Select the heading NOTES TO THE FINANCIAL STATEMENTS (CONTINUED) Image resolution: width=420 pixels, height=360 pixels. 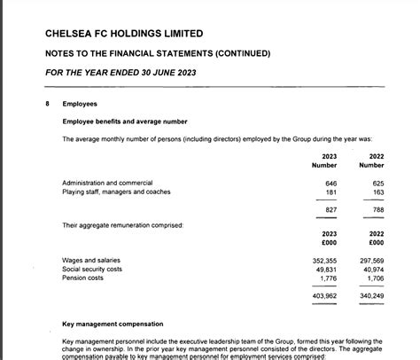(158, 54)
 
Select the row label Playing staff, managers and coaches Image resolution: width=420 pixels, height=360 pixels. (116, 192)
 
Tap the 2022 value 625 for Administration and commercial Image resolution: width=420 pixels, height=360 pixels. (378, 183)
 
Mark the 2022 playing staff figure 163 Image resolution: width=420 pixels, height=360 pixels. (378, 192)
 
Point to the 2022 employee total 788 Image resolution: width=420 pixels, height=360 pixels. (378, 209)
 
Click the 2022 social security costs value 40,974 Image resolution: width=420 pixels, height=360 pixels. (373, 270)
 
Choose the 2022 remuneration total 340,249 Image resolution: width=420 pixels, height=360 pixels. (372, 295)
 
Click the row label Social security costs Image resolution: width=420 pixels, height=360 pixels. (92, 270)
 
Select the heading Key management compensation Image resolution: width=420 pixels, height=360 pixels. (114, 324)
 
